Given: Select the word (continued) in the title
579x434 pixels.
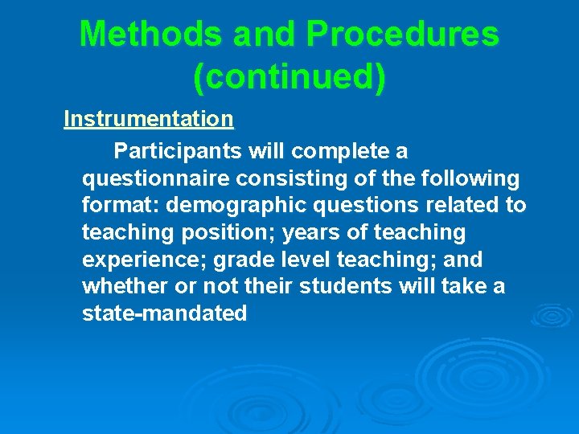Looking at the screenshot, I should [x=289, y=76].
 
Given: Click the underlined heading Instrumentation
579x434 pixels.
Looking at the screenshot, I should [x=149, y=119].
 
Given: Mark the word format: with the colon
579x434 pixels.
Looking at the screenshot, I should [x=121, y=205].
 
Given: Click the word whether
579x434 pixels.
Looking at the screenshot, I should [x=121, y=286].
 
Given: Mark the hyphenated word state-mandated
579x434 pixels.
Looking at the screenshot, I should [x=165, y=313].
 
